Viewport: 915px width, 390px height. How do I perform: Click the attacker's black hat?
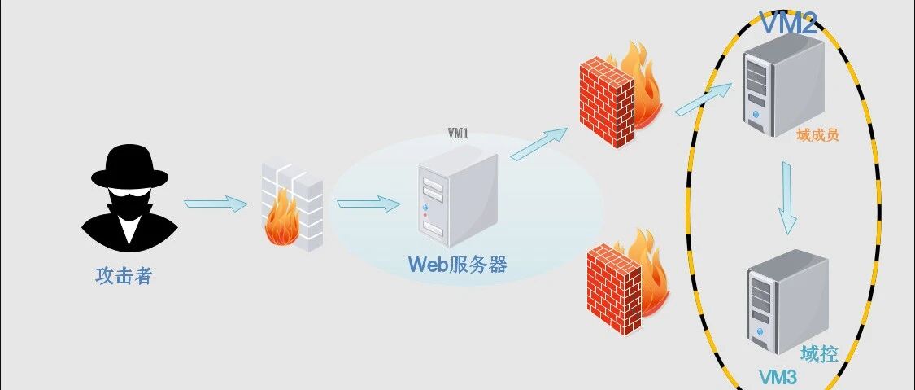(x=129, y=168)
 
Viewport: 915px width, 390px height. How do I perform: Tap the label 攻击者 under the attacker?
(x=124, y=275)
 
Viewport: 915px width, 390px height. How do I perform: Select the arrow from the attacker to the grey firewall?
(x=216, y=204)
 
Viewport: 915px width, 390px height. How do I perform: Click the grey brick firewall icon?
(x=292, y=207)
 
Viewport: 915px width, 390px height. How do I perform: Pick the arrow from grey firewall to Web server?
(x=368, y=204)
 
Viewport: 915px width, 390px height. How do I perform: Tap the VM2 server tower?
(x=784, y=85)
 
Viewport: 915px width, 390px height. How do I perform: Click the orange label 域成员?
(x=817, y=135)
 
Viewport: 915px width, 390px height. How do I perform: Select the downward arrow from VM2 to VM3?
(x=787, y=198)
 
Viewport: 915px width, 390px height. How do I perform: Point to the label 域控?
(x=819, y=354)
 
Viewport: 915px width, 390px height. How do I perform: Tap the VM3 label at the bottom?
(x=778, y=377)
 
